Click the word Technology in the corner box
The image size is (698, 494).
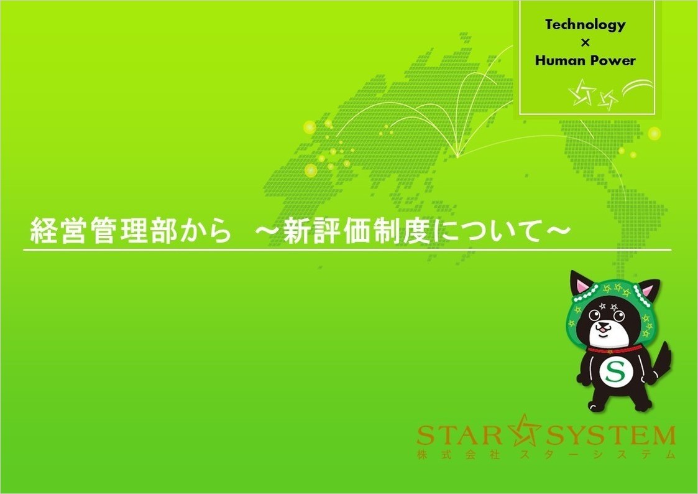pos(585,26)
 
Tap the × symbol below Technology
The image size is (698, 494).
pos(585,43)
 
